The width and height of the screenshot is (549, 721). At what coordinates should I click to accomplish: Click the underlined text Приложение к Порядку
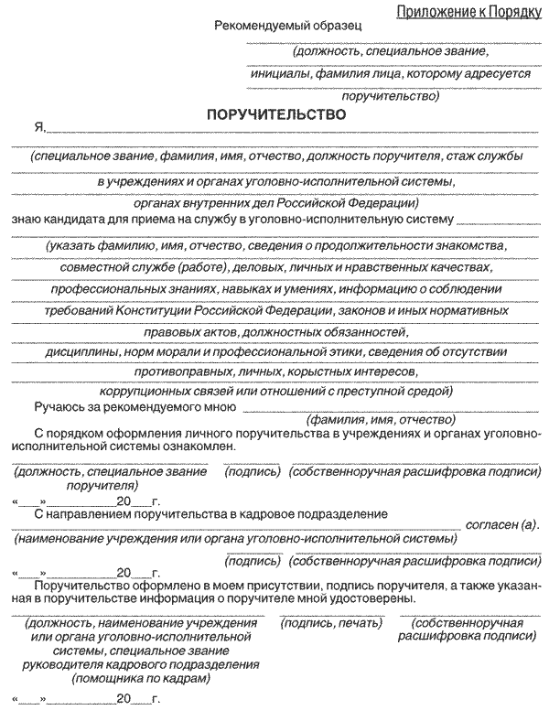466,11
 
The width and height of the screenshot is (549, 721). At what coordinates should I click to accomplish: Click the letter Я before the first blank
38,129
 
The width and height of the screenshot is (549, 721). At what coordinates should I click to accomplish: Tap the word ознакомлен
198,447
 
